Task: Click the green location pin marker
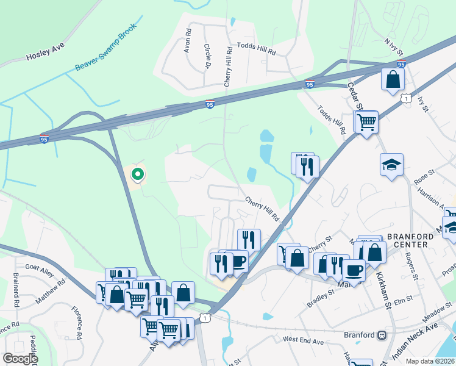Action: pos(138,175)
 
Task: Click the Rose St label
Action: pos(422,181)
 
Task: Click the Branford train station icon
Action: pos(383,335)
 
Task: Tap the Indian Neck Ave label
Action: pos(415,335)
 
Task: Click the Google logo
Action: pos(21,359)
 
